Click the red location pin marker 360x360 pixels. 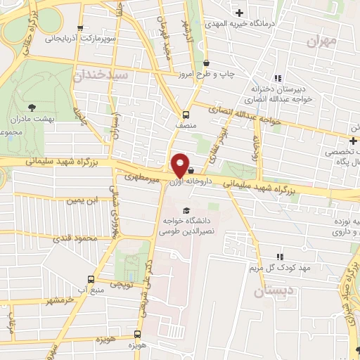point(180,165)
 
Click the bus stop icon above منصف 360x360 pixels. point(186,115)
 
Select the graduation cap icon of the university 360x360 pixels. point(186,210)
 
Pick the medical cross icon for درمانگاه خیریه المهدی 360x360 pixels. point(240,13)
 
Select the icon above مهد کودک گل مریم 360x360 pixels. point(280,257)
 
